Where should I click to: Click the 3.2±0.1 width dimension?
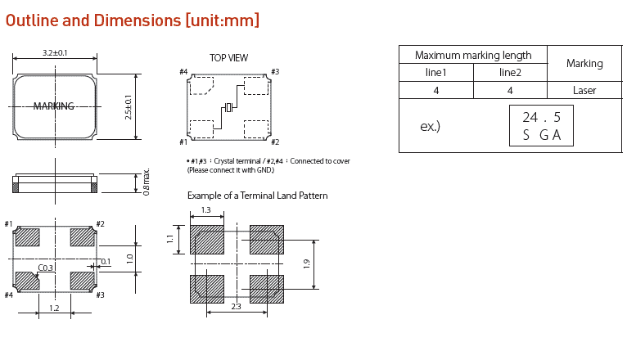(55, 53)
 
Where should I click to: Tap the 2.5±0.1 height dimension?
(129, 106)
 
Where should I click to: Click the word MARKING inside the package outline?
(54, 106)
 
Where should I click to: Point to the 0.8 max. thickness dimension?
(147, 182)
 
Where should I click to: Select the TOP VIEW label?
(228, 58)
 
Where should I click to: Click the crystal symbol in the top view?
(229, 107)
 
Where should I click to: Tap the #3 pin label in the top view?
(275, 72)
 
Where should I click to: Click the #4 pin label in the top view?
(183, 72)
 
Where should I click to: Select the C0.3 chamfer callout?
(46, 268)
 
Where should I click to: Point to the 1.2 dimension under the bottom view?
(55, 308)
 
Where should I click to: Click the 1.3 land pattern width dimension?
(205, 211)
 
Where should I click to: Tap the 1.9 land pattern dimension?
(306, 263)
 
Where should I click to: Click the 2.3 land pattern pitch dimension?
(236, 307)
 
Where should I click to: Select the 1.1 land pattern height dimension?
(170, 239)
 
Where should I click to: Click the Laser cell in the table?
(584, 91)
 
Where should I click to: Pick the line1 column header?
(436, 73)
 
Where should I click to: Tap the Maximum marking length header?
(472, 56)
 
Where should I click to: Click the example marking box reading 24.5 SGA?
(541, 126)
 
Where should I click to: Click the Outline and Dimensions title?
(133, 20)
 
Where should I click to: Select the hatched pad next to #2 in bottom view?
(83, 237)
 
